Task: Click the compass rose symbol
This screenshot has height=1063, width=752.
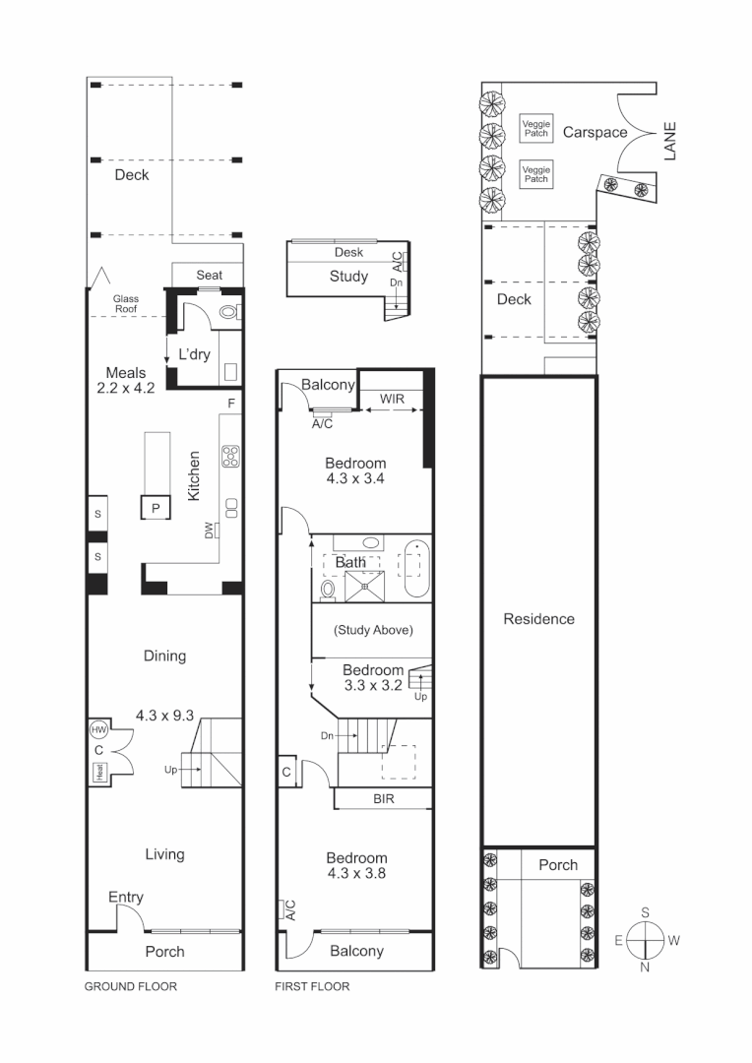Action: pos(645,939)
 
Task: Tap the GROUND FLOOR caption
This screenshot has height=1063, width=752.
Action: pos(131,986)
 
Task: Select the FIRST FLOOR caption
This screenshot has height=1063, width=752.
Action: pos(312,986)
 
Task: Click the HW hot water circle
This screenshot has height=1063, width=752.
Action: pos(98,729)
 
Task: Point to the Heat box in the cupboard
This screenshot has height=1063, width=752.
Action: pos(99,773)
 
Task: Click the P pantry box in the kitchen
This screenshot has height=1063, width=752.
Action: pos(156,507)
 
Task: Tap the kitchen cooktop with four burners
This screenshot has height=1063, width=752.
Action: pos(232,456)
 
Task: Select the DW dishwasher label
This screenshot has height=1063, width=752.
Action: pos(210,531)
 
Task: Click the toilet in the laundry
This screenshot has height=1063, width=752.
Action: pos(226,314)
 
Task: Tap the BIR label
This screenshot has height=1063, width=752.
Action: pos(383,799)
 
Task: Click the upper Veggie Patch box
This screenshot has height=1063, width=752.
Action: pos(535,128)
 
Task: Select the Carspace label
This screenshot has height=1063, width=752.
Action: pos(595,132)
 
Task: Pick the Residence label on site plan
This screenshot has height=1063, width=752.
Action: pos(538,619)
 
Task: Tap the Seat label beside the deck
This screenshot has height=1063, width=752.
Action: pos(209,275)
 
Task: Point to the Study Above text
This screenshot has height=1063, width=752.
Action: pos(373,630)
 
